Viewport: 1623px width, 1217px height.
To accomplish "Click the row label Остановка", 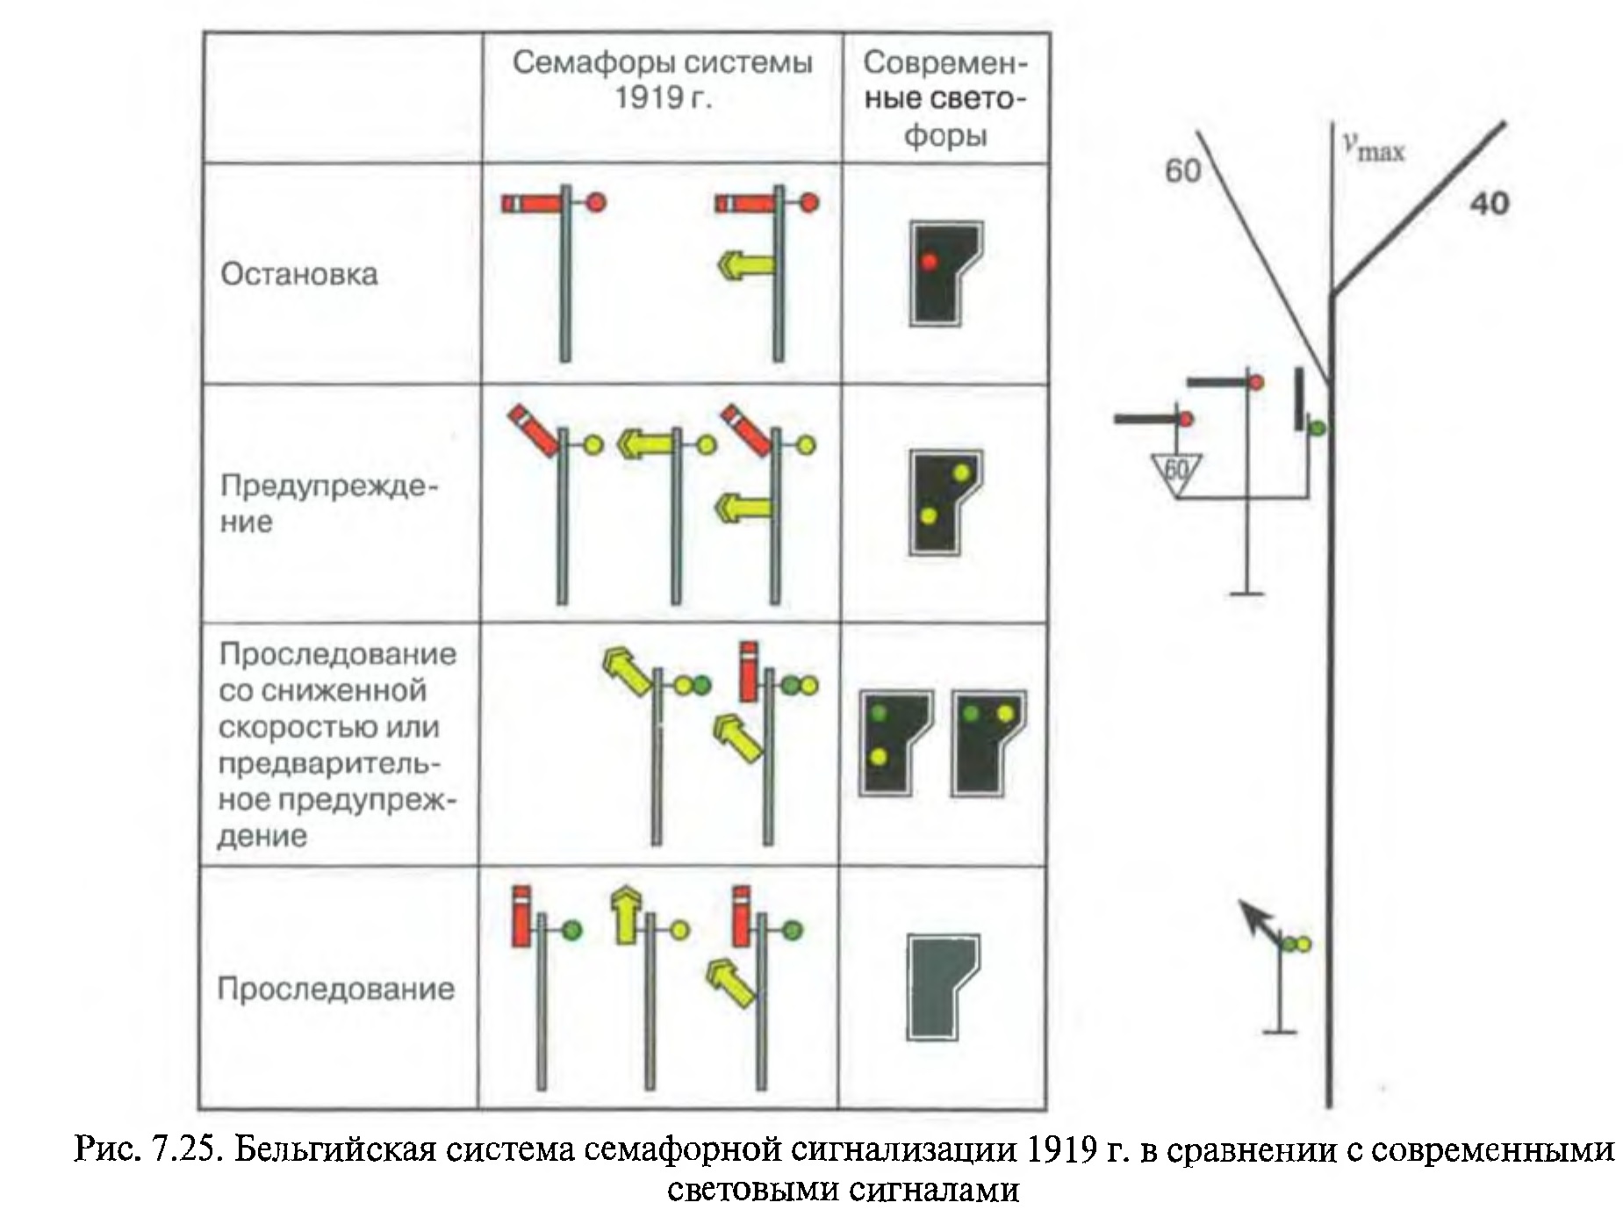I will click(299, 274).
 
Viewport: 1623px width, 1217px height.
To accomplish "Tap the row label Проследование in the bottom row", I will click(335, 989).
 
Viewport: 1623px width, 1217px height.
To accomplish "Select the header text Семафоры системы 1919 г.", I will click(662, 79).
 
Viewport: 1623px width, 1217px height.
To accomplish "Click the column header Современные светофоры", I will click(944, 98).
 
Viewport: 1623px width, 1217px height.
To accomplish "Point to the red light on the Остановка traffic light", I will click(930, 261).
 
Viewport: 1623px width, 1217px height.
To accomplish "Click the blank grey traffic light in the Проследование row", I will click(943, 988).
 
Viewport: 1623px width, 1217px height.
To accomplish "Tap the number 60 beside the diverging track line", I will click(1182, 170).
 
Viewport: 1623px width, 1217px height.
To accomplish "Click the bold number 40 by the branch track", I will click(1489, 204).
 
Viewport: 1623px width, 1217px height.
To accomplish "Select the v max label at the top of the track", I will click(1374, 148).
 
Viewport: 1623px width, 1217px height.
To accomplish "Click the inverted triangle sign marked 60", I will click(1175, 472).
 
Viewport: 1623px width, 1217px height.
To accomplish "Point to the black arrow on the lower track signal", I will click(1256, 918).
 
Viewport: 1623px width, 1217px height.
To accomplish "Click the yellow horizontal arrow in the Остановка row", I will click(745, 263).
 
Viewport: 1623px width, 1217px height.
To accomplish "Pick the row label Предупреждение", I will click(328, 504).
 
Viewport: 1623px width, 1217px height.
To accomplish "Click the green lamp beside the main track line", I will click(1317, 428).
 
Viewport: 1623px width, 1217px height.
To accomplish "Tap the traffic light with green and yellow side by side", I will click(988, 743).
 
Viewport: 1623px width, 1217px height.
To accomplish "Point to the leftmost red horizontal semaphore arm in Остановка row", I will click(530, 204).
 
